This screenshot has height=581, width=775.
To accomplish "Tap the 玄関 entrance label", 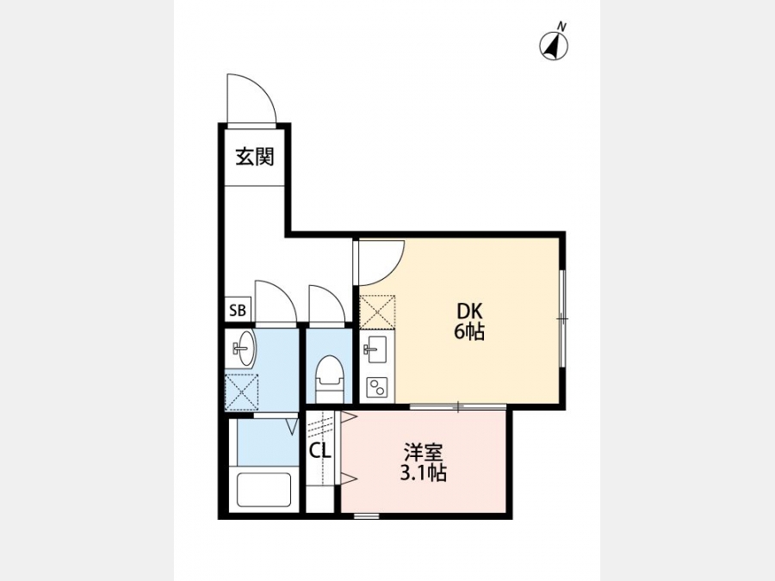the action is [x=255, y=158].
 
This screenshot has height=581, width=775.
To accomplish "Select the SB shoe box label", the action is [x=238, y=310].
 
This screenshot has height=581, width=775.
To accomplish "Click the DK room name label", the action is [x=469, y=312].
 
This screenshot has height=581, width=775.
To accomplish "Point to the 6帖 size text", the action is [x=469, y=332].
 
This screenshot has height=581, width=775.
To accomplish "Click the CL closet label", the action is [x=319, y=449].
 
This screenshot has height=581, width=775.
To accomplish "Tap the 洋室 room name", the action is [x=423, y=453].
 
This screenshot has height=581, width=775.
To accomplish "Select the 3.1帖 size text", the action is [x=423, y=473].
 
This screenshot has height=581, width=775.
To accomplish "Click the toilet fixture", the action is [x=329, y=378].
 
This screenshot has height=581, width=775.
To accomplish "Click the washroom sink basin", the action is [x=243, y=349].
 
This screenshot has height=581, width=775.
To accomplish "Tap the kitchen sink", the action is [x=375, y=349].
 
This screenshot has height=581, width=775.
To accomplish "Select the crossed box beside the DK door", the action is [x=377, y=312].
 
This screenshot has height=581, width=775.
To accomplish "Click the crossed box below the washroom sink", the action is [x=242, y=392].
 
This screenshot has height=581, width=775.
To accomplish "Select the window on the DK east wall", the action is [x=562, y=318].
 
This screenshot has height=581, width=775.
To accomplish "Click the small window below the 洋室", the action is [x=367, y=516].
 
